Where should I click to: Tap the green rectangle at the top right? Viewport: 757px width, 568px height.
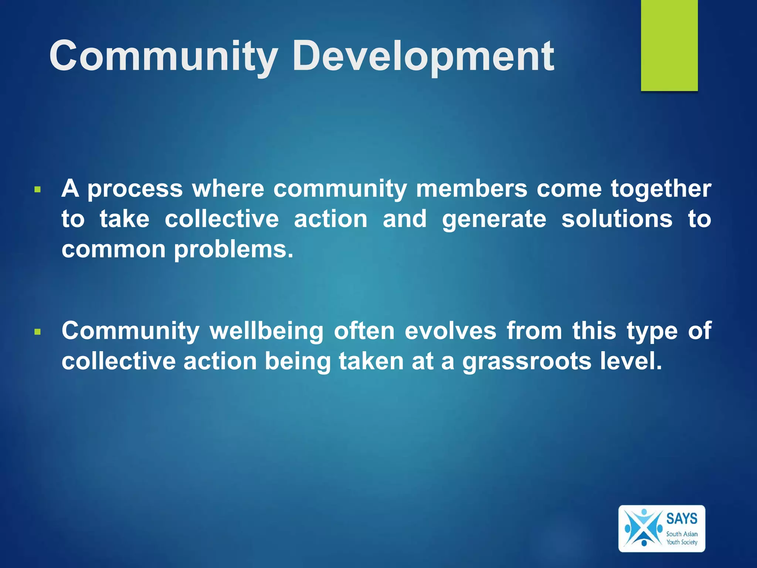pos(669,45)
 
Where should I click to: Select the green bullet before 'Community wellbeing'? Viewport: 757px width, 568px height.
pos(37,332)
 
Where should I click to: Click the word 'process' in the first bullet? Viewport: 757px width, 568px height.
pos(135,189)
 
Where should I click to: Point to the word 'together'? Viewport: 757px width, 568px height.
pos(661,189)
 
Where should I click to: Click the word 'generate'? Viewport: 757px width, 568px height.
pos(494,220)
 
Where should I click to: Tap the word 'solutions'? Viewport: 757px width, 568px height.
pos(617,219)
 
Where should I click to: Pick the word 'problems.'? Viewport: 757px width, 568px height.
pos(234,250)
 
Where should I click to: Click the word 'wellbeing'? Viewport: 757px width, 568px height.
pos(267,331)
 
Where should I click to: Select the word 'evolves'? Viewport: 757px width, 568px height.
pos(450,330)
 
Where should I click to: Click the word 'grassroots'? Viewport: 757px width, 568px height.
pos(527,362)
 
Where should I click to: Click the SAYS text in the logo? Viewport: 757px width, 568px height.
pos(682,518)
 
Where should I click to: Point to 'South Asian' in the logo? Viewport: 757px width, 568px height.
pos(682,534)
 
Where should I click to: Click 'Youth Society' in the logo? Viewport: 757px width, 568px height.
pos(682,542)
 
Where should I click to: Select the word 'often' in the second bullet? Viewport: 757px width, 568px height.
pos(364,330)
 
